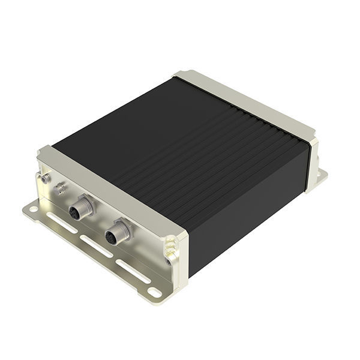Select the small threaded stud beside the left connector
[x=60, y=190]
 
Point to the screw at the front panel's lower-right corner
[x=169, y=260]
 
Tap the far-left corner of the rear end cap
[x=180, y=76]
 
